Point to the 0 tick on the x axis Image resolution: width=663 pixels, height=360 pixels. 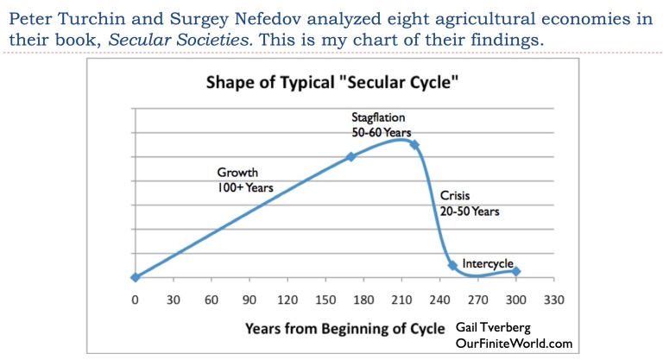pyautogui.click(x=135, y=300)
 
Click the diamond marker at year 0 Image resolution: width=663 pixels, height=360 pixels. pyautogui.click(x=135, y=277)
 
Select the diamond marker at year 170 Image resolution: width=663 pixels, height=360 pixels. pyautogui.click(x=350, y=156)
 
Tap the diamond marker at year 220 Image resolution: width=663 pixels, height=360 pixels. pyautogui.click(x=414, y=145)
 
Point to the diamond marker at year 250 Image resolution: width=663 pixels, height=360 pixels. pyautogui.click(x=452, y=265)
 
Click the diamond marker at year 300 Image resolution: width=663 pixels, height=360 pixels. pyautogui.click(x=516, y=271)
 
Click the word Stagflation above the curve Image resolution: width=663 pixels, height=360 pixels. pyautogui.click(x=378, y=117)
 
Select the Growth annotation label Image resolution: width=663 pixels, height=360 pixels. pyautogui.click(x=237, y=173)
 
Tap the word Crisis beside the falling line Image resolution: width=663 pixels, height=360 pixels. pyautogui.click(x=456, y=195)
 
